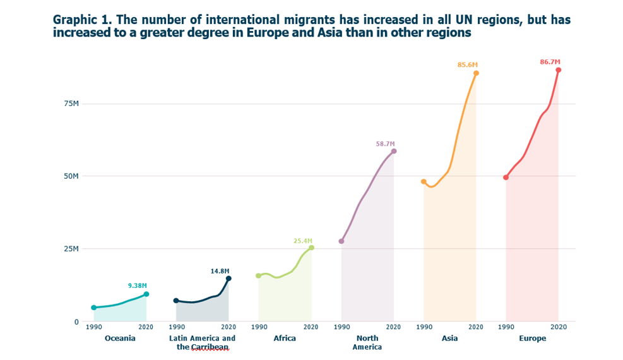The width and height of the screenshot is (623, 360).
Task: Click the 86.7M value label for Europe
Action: click(x=549, y=62)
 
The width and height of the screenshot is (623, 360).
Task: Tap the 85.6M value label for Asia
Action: click(x=468, y=65)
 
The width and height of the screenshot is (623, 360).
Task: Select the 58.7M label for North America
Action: click(x=386, y=143)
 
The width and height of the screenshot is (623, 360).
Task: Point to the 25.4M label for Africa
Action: click(x=303, y=241)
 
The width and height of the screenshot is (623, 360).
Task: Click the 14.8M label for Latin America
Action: click(x=220, y=271)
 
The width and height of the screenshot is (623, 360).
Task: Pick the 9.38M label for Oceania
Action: click(x=137, y=285)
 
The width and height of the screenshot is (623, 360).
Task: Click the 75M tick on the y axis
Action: click(x=71, y=104)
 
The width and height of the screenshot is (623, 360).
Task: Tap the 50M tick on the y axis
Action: click(x=71, y=176)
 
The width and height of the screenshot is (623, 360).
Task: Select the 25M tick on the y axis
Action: click(x=71, y=249)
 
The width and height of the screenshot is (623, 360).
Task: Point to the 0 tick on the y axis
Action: click(x=76, y=321)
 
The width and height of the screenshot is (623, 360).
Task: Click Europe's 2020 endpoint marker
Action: click(x=559, y=70)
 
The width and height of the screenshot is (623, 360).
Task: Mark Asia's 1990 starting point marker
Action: click(x=424, y=182)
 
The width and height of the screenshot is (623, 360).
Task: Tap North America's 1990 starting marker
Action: click(x=341, y=241)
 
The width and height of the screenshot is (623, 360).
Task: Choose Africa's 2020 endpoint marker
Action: click(x=311, y=248)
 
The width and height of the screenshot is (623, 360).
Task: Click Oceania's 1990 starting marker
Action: click(x=94, y=308)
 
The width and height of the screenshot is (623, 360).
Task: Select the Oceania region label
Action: click(x=120, y=339)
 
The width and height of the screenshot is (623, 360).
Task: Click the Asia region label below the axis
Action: click(x=450, y=339)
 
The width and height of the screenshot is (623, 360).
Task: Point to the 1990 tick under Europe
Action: click(x=506, y=327)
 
